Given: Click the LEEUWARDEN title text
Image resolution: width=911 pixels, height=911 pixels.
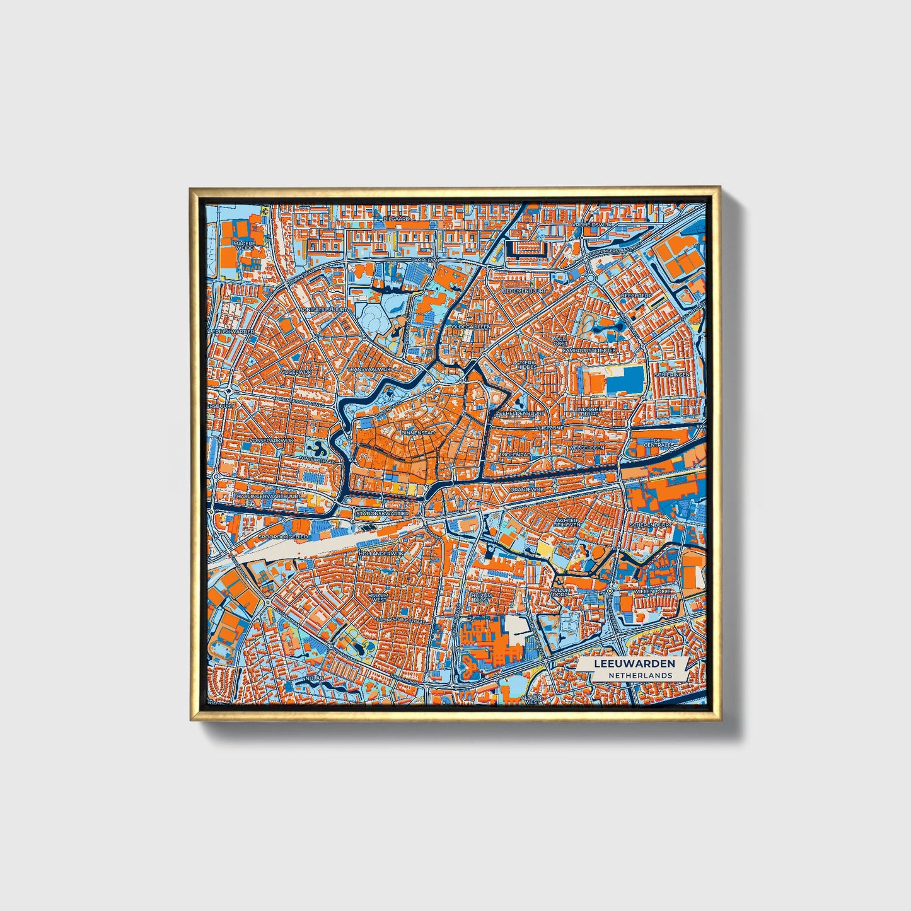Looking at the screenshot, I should point(634,664).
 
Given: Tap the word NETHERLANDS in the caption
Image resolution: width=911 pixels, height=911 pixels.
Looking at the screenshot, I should point(640,675).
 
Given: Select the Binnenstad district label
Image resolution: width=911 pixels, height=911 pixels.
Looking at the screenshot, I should point(418,434).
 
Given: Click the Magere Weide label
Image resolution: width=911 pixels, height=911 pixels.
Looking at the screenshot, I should point(244,246).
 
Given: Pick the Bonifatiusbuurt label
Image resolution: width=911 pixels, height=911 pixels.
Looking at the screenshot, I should point(324,310).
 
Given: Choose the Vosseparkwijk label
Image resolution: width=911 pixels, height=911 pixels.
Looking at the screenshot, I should point(272,440).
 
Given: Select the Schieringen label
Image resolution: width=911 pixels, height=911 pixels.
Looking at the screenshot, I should point(671,374).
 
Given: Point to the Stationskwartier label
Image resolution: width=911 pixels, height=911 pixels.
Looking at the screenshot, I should point(382,513).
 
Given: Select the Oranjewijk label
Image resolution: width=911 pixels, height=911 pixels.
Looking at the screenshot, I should point(526,489).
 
